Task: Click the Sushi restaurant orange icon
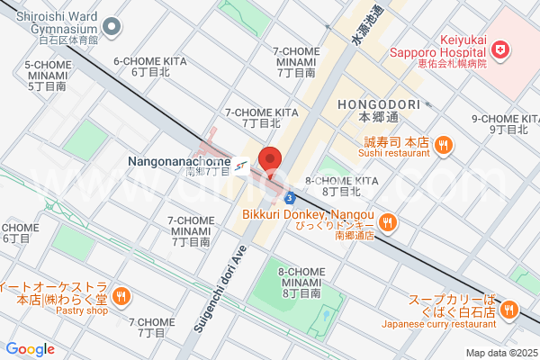tap(443, 144)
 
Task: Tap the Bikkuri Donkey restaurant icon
tap(387, 221)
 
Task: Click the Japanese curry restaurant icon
tap(508, 310)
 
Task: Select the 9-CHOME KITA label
tap(504, 123)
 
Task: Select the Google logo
tap(31, 349)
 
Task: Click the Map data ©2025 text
tap(499, 353)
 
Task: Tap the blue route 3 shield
tap(287, 197)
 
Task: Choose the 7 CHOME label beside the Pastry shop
tap(150, 327)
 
